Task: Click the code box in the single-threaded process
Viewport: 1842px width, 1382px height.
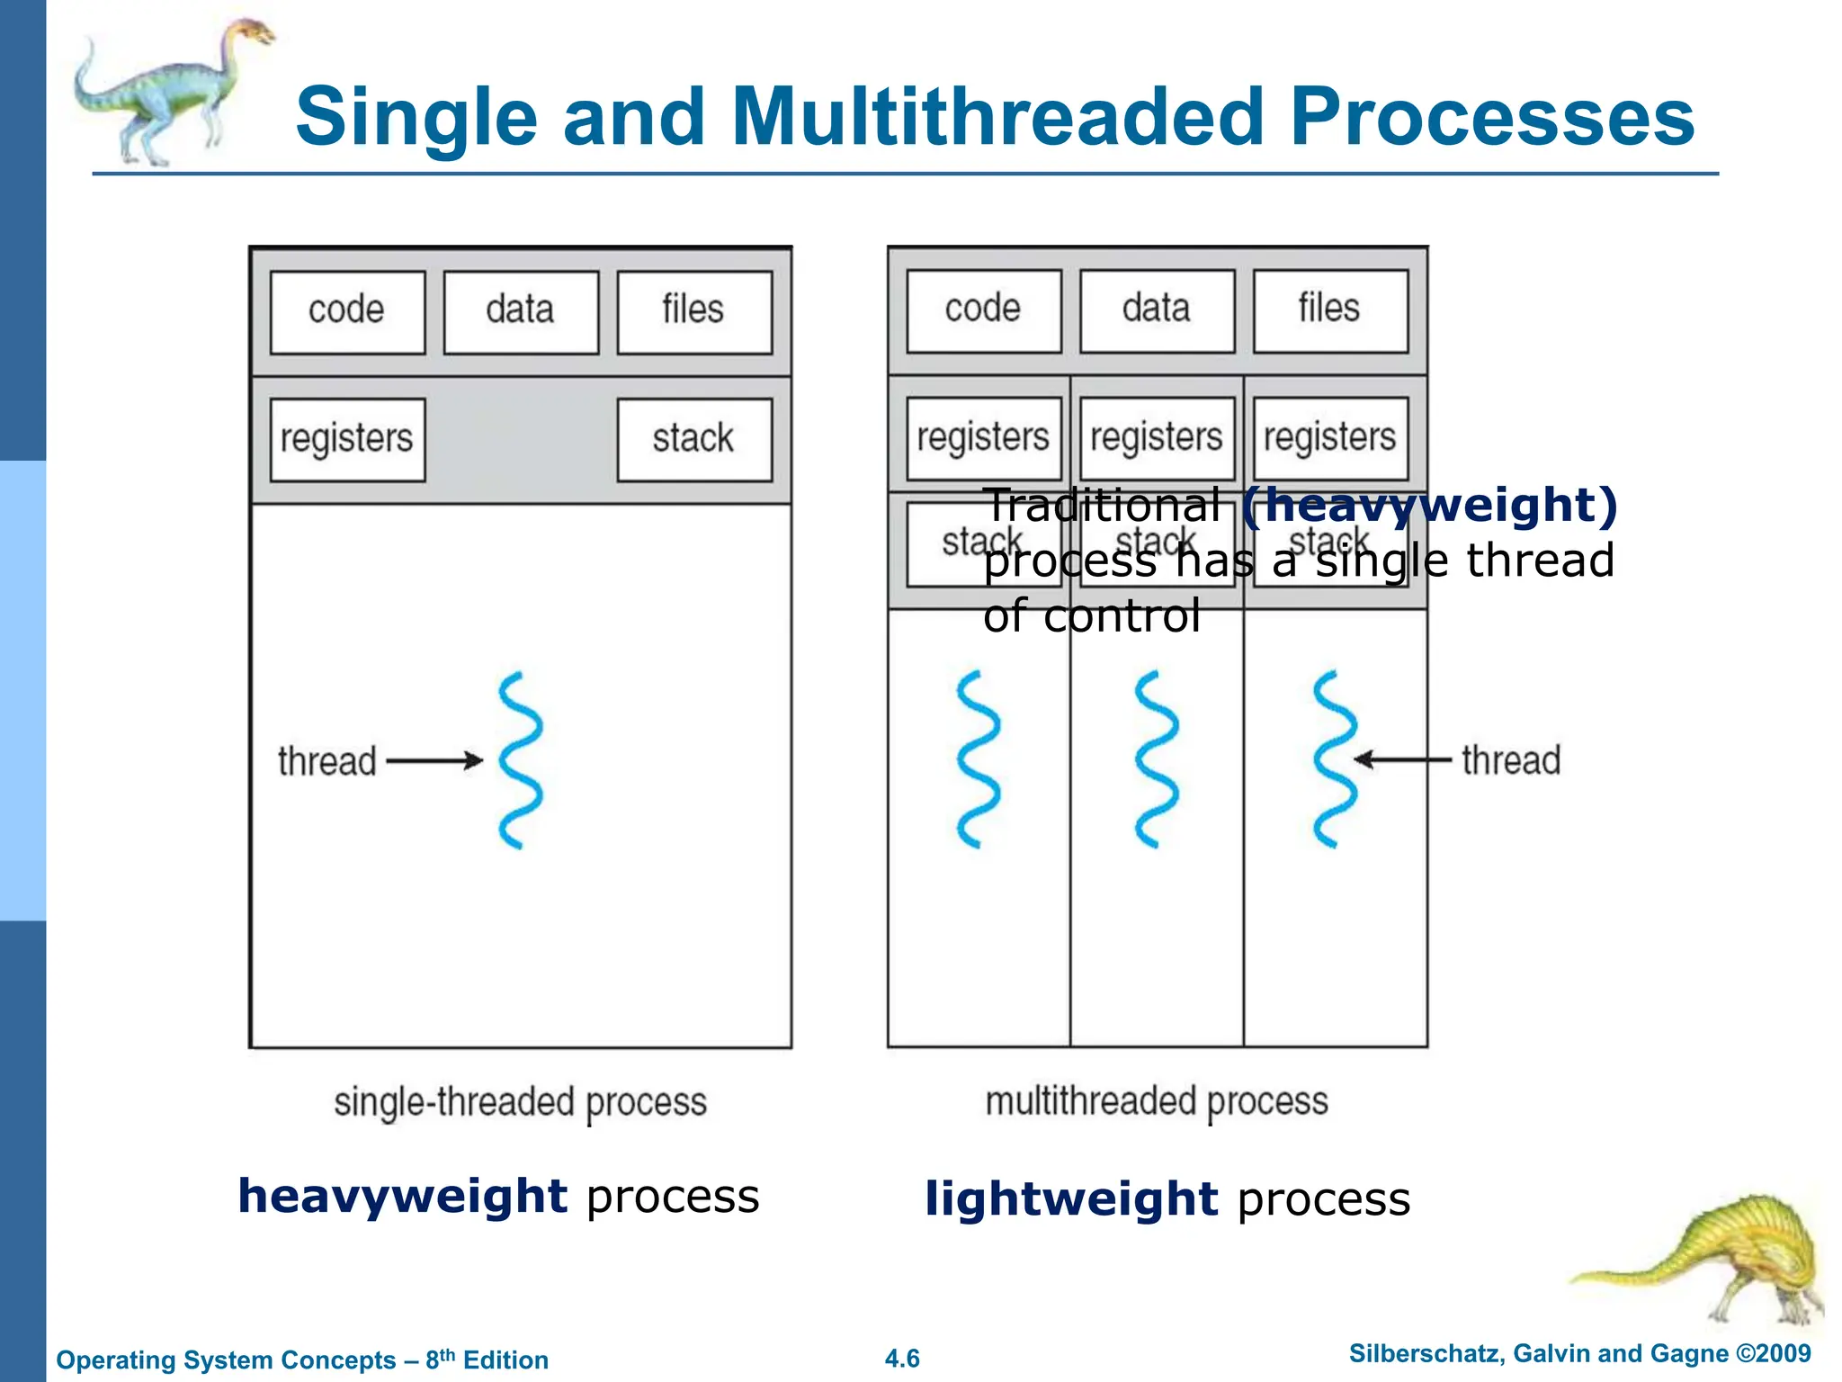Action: pyautogui.click(x=347, y=311)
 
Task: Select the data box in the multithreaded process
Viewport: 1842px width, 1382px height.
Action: pyautogui.click(x=1157, y=310)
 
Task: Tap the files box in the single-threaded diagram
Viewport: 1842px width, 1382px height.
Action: pyautogui.click(x=693, y=311)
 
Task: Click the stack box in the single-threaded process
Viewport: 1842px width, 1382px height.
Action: pyautogui.click(x=693, y=439)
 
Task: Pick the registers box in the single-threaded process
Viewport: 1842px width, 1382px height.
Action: pyautogui.click(x=347, y=439)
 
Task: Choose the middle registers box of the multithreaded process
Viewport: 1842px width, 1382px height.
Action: pyautogui.click(x=1157, y=438)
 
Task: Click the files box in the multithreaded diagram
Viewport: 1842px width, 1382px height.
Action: pyautogui.click(x=1329, y=310)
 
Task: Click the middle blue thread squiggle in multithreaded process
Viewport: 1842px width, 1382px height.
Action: pyautogui.click(x=1157, y=758)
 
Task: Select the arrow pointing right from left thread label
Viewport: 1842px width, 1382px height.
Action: pyautogui.click(x=434, y=761)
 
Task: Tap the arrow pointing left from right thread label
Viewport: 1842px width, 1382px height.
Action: pyautogui.click(x=1401, y=760)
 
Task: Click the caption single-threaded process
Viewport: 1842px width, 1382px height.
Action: pyautogui.click(x=520, y=1103)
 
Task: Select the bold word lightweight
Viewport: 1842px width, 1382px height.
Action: pyautogui.click(x=1070, y=1199)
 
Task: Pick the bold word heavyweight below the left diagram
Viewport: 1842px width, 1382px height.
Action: pyautogui.click(x=402, y=1197)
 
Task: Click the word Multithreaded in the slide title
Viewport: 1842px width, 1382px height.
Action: pyautogui.click(x=998, y=117)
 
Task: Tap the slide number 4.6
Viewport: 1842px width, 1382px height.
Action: pyautogui.click(x=902, y=1359)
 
